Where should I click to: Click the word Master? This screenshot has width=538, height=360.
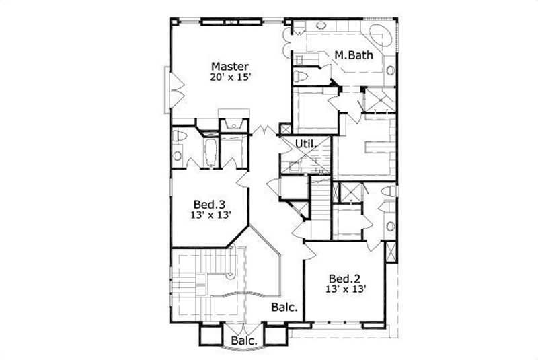[230, 66]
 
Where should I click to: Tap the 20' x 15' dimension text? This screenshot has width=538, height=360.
[230, 77]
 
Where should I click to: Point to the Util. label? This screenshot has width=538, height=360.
[306, 143]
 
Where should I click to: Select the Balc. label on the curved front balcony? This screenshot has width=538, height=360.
[244, 341]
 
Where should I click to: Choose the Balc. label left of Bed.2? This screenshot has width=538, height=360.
[285, 308]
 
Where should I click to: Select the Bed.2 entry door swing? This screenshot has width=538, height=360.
[310, 250]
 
